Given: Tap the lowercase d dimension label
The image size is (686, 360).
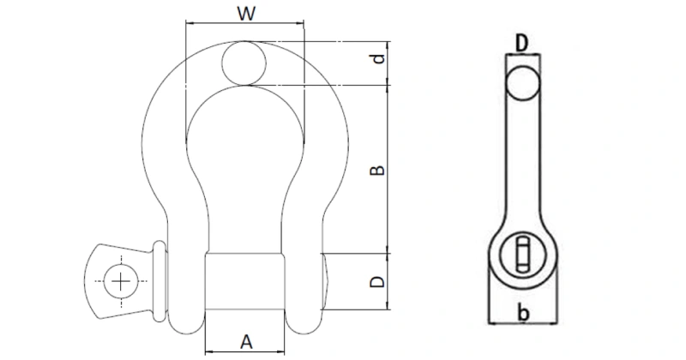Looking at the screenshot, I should coord(377,61).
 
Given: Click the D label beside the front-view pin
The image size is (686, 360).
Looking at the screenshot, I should coord(377,281).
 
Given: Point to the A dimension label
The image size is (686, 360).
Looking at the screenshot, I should coord(246,341).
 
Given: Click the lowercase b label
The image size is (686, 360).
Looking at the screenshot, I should coord(522,315).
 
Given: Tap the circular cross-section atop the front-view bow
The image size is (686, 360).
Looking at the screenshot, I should coord(245,63).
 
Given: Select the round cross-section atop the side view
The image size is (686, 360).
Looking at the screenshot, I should coord(521,84).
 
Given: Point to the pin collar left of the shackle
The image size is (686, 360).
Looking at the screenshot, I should coord(159,275).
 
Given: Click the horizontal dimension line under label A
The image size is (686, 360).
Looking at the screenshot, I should coord(246,352).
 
